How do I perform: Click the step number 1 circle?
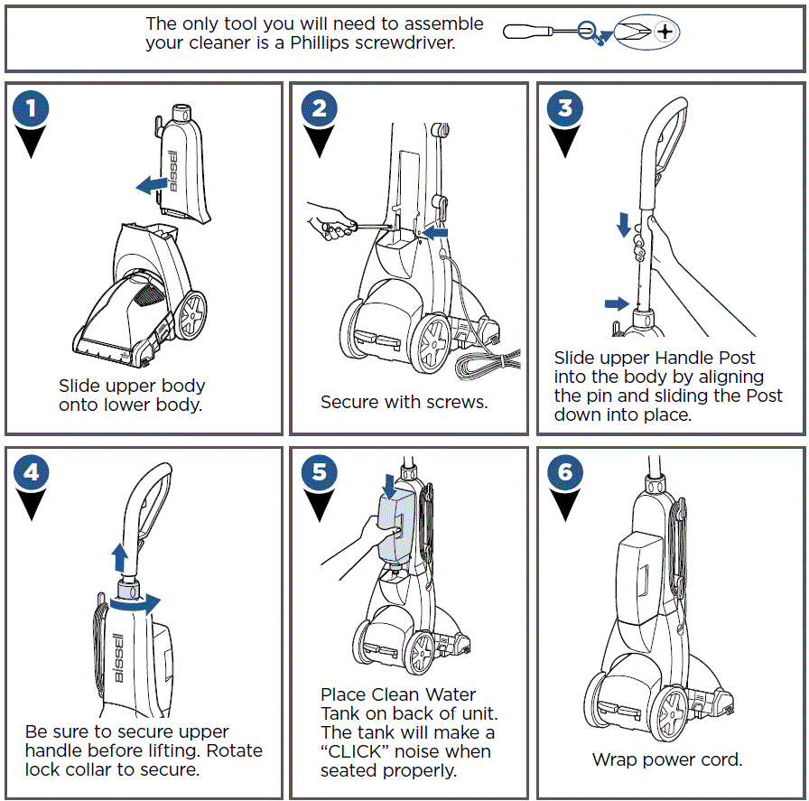click(x=32, y=110)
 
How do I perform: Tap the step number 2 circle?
click(x=319, y=110)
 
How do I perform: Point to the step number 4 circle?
click(x=32, y=472)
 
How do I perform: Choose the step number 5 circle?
click(x=319, y=472)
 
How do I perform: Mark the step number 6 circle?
click(x=565, y=472)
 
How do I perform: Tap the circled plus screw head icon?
click(x=665, y=33)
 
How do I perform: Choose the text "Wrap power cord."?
click(x=666, y=759)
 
